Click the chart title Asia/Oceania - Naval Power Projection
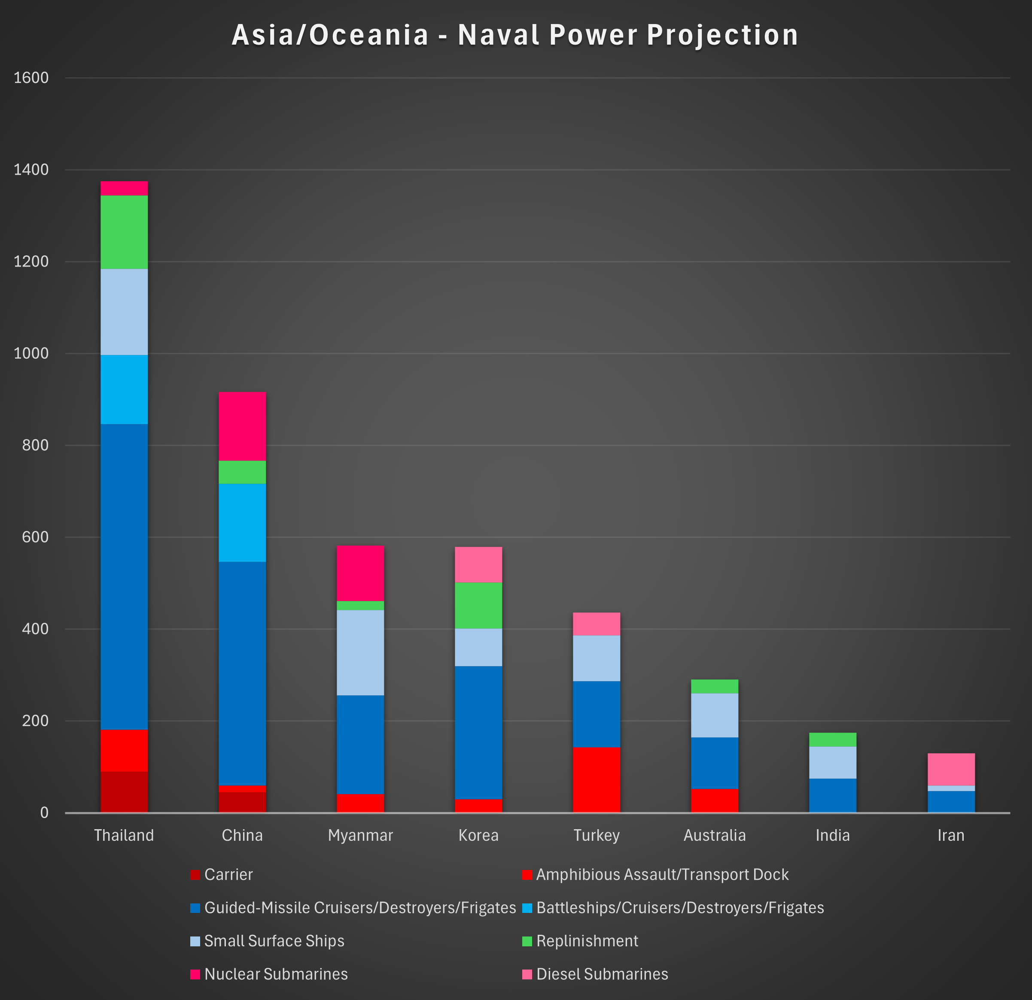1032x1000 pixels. point(515,35)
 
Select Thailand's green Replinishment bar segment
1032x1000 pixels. point(124,232)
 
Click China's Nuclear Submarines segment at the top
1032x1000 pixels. point(242,426)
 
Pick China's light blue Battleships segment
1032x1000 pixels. point(242,523)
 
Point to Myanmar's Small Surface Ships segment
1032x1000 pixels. point(360,653)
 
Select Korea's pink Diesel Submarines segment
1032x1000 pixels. point(478,564)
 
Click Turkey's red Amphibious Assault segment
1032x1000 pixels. point(596,779)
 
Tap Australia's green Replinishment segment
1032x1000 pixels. point(715,686)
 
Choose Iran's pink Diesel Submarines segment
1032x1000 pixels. point(951,769)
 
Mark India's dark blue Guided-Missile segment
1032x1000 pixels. point(832,795)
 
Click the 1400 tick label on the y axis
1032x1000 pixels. point(31,170)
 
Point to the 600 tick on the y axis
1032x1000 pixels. point(35,537)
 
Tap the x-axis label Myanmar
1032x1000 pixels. point(360,835)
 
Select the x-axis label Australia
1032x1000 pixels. point(715,835)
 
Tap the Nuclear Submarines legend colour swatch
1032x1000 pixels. point(195,974)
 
